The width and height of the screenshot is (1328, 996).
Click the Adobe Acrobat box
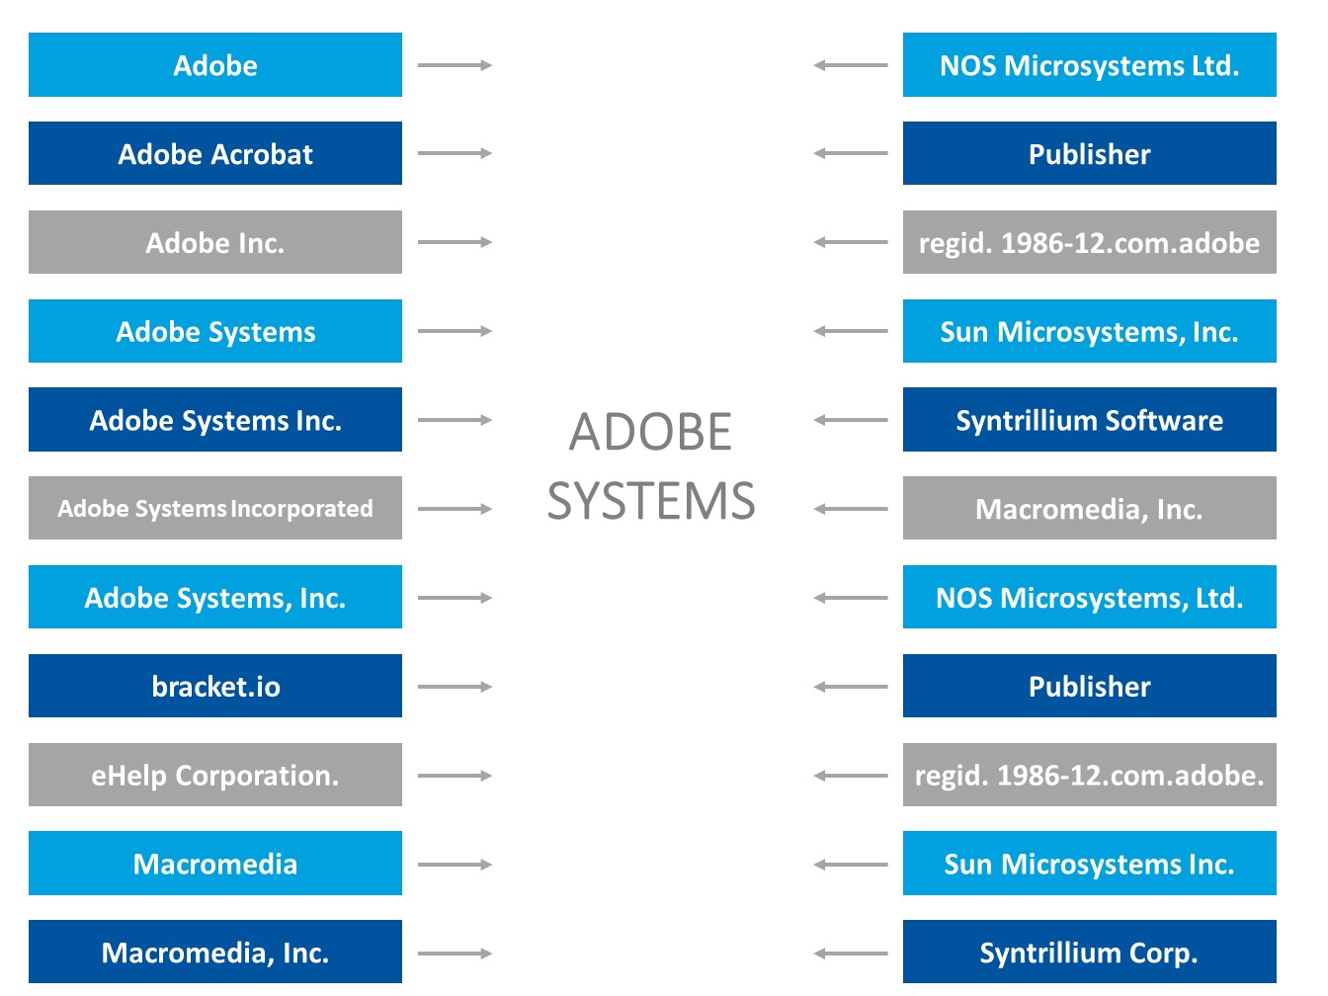click(x=214, y=153)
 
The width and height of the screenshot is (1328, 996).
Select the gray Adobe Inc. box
click(x=214, y=242)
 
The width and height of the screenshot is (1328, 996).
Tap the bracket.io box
click(x=214, y=686)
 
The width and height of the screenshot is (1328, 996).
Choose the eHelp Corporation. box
click(x=214, y=775)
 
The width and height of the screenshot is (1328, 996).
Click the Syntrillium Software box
click(x=1090, y=419)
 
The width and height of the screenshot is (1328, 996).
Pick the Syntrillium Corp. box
click(x=1090, y=952)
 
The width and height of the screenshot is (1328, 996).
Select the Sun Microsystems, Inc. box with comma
click(x=1090, y=331)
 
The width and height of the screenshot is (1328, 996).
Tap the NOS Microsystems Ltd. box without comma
click(x=1090, y=64)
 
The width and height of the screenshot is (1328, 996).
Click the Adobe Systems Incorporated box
click(x=214, y=508)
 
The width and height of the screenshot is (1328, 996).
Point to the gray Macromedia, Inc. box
click(x=1090, y=508)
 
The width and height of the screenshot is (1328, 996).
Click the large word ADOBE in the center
click(x=650, y=432)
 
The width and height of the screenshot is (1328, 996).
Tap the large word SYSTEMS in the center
click(x=651, y=501)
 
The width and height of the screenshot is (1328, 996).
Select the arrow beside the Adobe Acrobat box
click(x=455, y=153)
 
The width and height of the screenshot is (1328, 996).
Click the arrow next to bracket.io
click(x=455, y=687)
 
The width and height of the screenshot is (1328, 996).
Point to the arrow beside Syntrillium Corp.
click(x=851, y=954)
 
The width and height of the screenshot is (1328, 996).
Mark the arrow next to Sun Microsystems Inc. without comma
click(x=851, y=865)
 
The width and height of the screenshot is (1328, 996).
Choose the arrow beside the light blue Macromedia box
click(x=455, y=865)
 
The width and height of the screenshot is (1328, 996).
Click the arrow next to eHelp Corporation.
click(x=455, y=776)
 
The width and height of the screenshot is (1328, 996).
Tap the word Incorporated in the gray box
click(x=302, y=509)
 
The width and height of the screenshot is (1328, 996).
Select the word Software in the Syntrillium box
click(x=1164, y=420)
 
